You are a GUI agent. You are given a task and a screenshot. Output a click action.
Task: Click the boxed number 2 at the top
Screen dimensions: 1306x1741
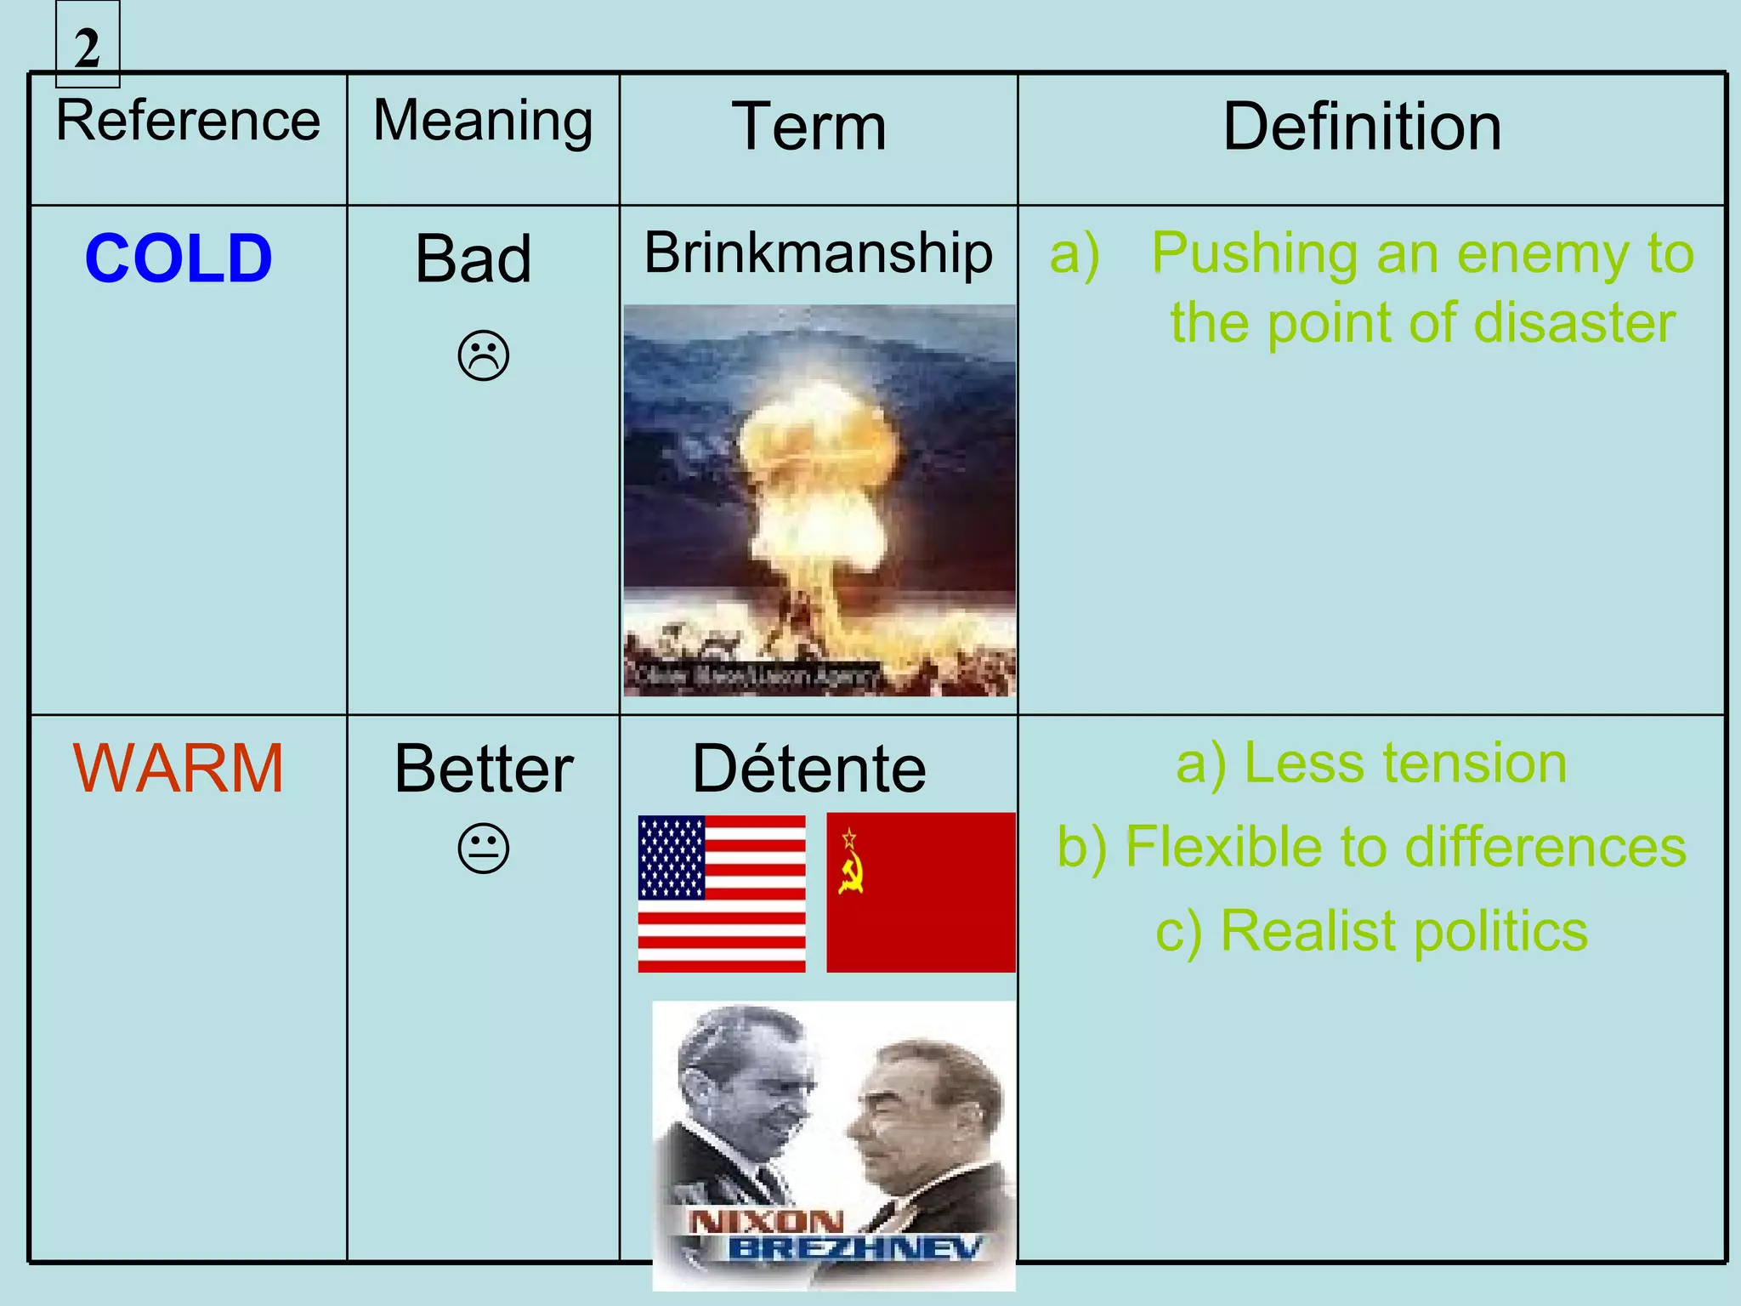point(88,48)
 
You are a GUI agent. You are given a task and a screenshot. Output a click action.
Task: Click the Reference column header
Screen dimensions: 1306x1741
point(188,121)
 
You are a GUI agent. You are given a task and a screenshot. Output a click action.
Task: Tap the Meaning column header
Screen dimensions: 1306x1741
point(483,121)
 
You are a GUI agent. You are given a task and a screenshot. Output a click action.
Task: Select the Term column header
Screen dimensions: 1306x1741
point(809,128)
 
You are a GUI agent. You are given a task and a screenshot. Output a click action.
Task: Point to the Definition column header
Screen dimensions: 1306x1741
point(1362,128)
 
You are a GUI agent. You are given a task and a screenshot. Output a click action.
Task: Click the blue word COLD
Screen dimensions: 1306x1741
point(179,258)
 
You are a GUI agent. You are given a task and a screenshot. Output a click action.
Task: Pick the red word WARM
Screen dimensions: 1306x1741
point(179,769)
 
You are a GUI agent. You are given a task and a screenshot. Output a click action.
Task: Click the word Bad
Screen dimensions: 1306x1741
point(474,258)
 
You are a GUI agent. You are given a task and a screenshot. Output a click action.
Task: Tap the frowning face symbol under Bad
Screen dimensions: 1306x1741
point(483,355)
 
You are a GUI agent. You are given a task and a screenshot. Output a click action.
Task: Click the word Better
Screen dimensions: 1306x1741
point(484,769)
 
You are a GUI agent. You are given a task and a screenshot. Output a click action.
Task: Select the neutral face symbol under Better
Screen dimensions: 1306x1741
point(483,848)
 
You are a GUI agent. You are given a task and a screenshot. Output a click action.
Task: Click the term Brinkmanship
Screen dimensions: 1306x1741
point(818,253)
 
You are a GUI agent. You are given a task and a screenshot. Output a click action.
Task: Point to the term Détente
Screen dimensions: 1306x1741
point(809,769)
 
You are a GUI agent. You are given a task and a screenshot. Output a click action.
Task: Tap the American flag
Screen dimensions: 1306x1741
point(721,894)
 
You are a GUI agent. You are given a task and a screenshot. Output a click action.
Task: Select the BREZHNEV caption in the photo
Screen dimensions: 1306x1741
point(854,1248)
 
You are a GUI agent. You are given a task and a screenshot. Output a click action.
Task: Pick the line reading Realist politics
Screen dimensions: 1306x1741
point(1371,931)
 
